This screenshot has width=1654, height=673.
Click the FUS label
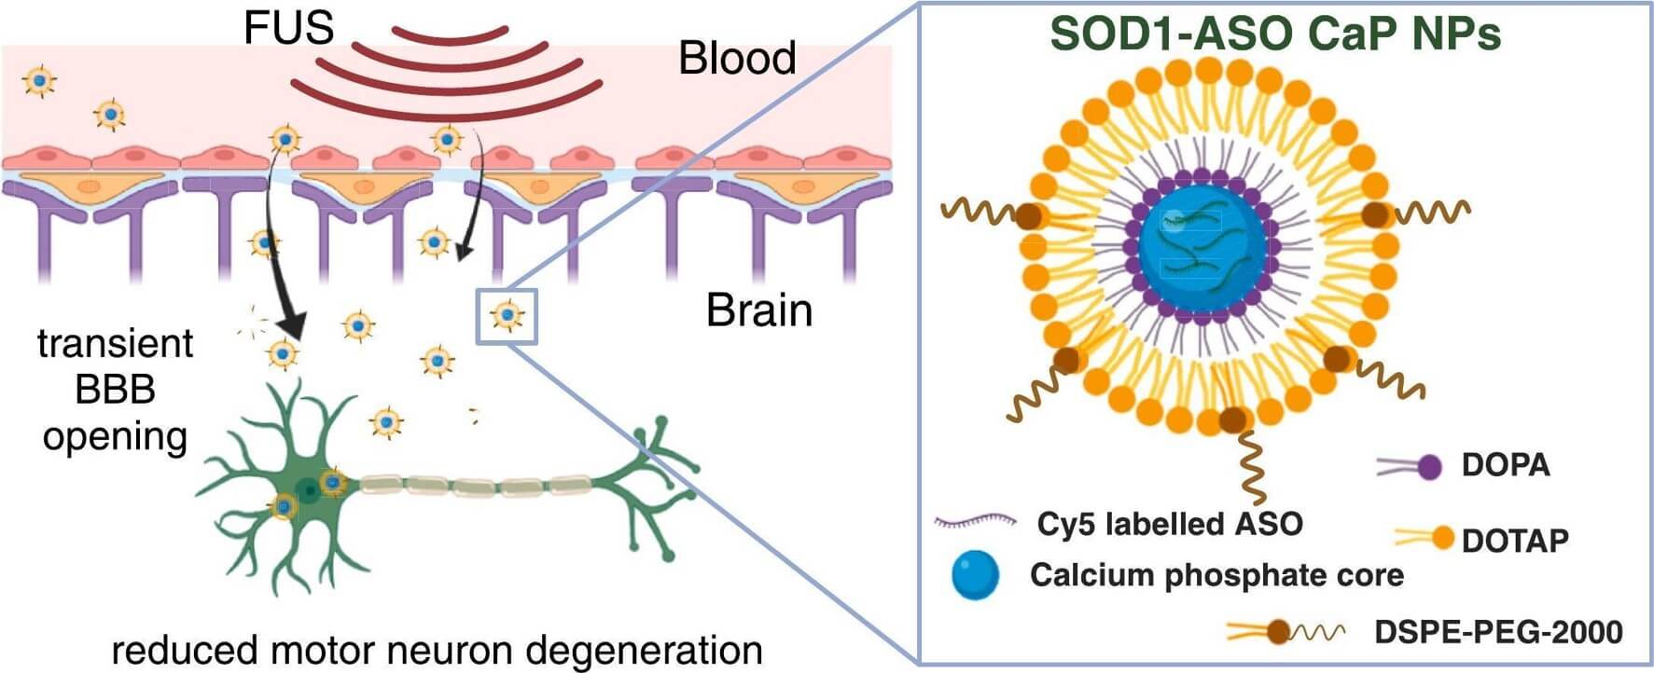click(x=288, y=27)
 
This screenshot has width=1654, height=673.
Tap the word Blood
click(x=737, y=58)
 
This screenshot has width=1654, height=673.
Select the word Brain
click(x=758, y=309)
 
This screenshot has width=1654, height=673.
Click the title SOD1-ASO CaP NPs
click(x=1274, y=34)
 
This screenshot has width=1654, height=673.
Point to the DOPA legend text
click(x=1505, y=464)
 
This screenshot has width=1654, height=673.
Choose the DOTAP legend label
click(x=1514, y=540)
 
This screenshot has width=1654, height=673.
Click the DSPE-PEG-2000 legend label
click(x=1498, y=631)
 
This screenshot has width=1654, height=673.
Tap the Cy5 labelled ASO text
click(x=1169, y=524)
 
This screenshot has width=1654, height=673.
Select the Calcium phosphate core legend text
click(x=1216, y=574)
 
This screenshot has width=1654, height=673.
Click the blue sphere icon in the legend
click(x=975, y=574)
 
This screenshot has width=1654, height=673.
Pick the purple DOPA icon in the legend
click(x=1427, y=466)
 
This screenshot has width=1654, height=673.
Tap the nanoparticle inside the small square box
click(x=507, y=316)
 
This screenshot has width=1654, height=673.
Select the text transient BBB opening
click(x=115, y=390)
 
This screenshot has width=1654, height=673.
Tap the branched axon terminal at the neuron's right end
click(x=658, y=466)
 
